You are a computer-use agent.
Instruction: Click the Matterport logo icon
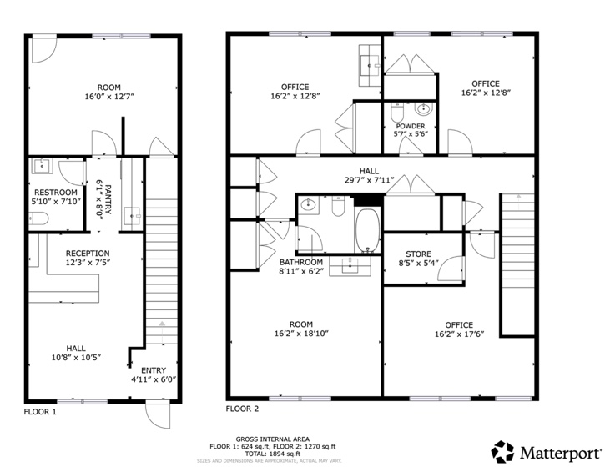502,452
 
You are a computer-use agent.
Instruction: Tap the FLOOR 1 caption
40,411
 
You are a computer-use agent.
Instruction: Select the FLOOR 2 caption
243,409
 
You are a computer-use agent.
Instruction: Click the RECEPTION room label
88,253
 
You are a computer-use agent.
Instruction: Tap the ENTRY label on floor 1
154,370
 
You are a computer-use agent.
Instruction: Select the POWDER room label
410,126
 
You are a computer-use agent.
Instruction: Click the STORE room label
418,254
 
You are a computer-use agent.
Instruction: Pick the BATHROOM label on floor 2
301,261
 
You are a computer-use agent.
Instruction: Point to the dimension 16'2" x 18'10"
300,334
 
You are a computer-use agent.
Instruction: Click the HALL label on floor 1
75,349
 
